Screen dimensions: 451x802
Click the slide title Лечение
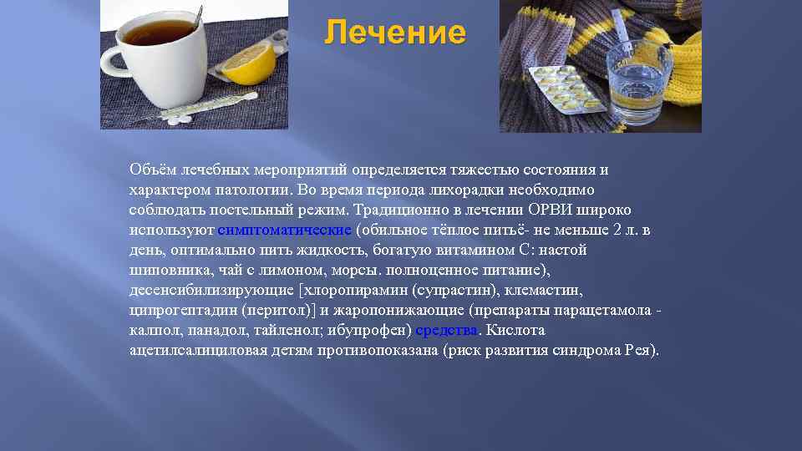395,33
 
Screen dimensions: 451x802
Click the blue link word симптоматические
285,230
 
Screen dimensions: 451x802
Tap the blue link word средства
445,330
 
